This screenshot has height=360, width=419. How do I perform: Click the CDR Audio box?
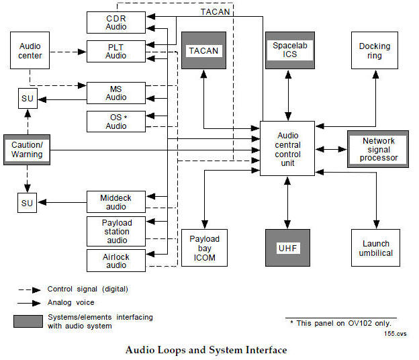[x=116, y=21]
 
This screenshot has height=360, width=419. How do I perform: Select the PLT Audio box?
[x=116, y=51]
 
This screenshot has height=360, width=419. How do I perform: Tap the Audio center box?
[x=30, y=51]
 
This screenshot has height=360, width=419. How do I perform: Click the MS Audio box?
[x=116, y=93]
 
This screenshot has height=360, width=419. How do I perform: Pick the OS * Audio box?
[x=116, y=122]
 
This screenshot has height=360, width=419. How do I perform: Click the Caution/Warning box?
[x=27, y=150]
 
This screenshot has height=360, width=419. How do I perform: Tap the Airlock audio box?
[x=116, y=261]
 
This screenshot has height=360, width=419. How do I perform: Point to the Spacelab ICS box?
[x=289, y=50]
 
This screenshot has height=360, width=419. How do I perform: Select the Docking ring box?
[x=375, y=51]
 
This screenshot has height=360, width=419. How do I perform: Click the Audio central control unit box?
[x=287, y=149]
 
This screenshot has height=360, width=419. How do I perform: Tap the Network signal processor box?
[x=378, y=150]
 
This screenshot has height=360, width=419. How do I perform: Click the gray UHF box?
[x=288, y=249]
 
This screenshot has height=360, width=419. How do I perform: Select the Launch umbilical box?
[x=375, y=248]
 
